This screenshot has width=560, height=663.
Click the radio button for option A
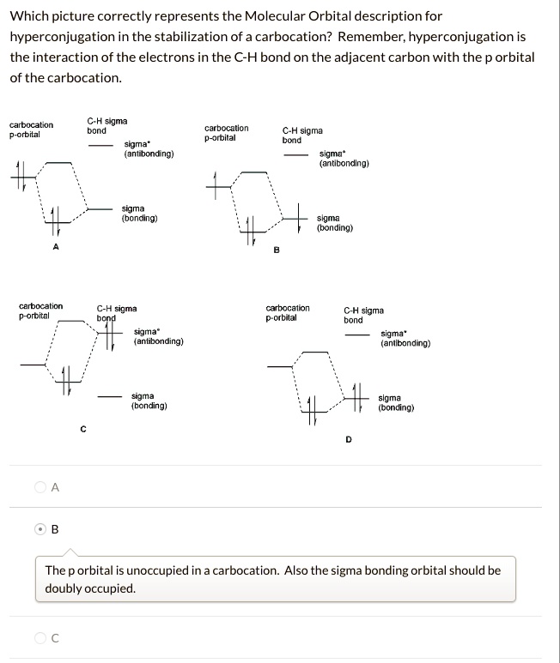pyautogui.click(x=40, y=487)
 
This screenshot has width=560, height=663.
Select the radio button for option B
pyautogui.click(x=40, y=528)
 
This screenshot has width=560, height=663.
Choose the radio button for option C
pyautogui.click(x=40, y=637)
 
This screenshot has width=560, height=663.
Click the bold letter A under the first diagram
pyautogui.click(x=56, y=246)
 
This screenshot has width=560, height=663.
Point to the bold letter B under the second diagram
pyautogui.click(x=276, y=250)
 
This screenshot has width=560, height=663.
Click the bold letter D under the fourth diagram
pyautogui.click(x=349, y=439)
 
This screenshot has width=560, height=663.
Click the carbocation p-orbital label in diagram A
pyautogui.click(x=31, y=130)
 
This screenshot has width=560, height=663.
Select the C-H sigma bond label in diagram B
pyautogui.click(x=302, y=135)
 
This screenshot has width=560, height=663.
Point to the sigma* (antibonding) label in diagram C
pyautogui.click(x=158, y=336)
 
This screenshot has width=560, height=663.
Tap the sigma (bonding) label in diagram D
pyautogui.click(x=396, y=403)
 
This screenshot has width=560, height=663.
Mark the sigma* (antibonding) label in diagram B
pyautogui.click(x=344, y=158)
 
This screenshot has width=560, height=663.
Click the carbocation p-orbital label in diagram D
pyautogui.click(x=288, y=312)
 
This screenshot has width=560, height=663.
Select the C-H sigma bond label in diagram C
pyautogui.click(x=117, y=312)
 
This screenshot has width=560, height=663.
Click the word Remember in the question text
pyautogui.click(x=371, y=38)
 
